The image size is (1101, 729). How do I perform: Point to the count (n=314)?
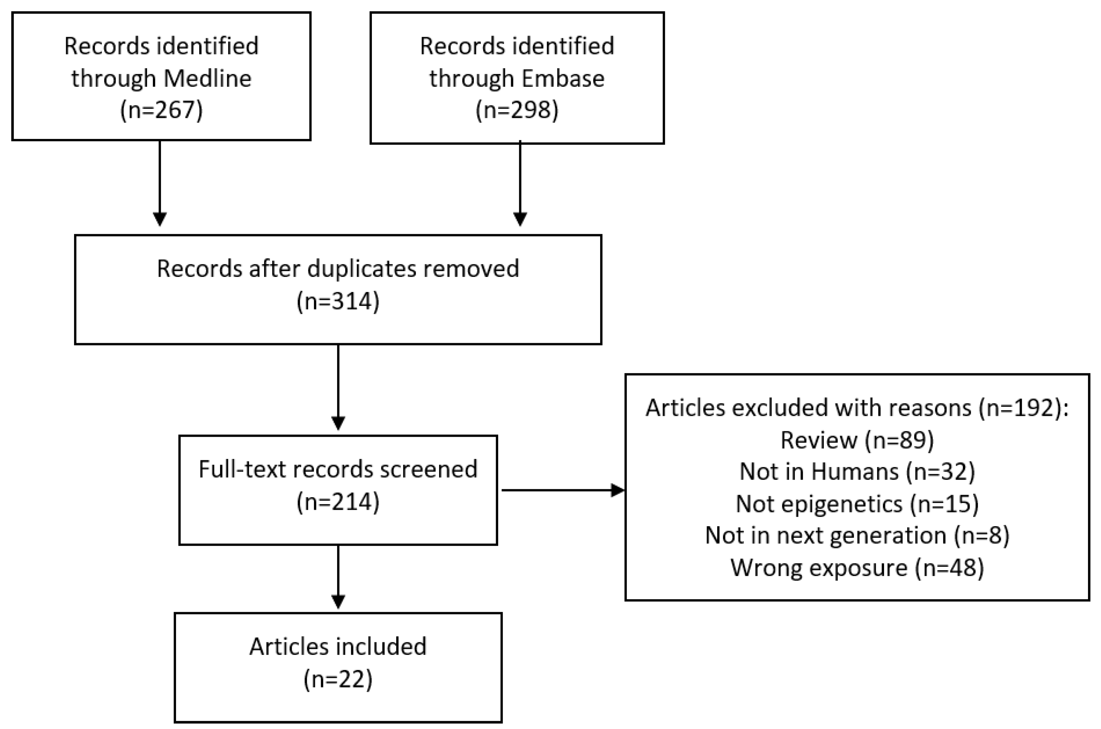(x=338, y=301)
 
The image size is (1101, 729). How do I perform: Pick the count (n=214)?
(x=338, y=502)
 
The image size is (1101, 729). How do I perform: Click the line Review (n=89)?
(x=857, y=440)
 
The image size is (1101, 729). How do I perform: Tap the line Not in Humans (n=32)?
(x=857, y=472)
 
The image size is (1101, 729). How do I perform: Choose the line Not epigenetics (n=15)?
(x=857, y=504)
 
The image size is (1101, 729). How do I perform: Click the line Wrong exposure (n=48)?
(x=857, y=568)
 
